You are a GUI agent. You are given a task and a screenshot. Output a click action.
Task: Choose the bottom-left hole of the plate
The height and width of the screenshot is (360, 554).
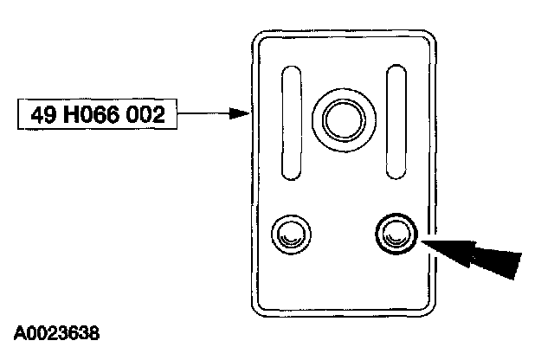[290, 232]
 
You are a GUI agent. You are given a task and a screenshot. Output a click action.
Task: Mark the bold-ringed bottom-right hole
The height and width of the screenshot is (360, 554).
[397, 231]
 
